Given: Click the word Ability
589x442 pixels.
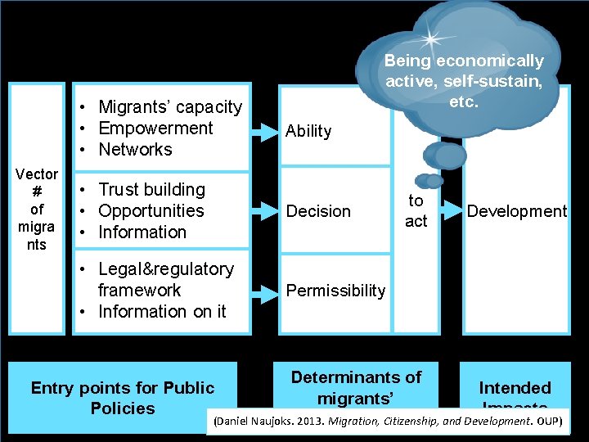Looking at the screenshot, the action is (x=308, y=131).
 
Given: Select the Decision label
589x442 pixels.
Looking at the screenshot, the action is (x=318, y=211).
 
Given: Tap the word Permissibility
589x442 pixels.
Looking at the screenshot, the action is (x=335, y=291).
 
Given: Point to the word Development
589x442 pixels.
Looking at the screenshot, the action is (x=516, y=211).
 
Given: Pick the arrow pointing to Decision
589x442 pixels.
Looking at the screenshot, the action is (x=264, y=211).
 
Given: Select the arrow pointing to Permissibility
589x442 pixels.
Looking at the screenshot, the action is (x=264, y=291).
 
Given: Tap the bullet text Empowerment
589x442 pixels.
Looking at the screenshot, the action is (x=155, y=128).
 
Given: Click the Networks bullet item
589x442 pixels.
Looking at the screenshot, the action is (x=135, y=149).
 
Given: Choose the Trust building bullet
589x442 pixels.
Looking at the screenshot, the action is (x=151, y=189).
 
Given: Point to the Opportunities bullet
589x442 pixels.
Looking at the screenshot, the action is (x=151, y=210).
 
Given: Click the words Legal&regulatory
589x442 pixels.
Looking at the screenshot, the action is (x=165, y=268).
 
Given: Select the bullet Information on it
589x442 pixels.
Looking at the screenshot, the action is (x=161, y=311).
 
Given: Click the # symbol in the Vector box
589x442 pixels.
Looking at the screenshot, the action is (x=37, y=192).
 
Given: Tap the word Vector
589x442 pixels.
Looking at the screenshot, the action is (x=37, y=174).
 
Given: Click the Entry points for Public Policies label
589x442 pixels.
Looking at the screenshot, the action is (x=122, y=398).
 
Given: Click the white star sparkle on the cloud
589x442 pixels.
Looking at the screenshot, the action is (x=431, y=38).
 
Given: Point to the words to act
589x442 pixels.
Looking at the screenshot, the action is (x=416, y=210).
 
